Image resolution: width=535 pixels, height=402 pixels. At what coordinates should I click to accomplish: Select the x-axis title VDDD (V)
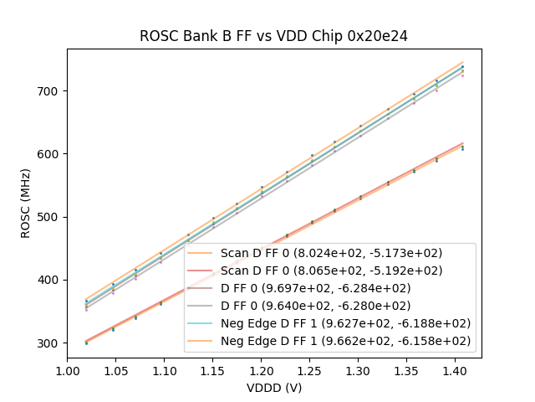274,388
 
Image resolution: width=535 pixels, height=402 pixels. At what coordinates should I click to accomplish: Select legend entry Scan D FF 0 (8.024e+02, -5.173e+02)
331,253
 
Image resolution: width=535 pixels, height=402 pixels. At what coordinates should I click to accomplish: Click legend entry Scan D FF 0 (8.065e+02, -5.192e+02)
331,271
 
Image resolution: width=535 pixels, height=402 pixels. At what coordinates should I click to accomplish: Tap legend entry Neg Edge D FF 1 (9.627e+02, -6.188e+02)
344,323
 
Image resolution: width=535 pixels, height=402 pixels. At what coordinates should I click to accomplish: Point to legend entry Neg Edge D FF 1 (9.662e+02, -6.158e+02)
344,341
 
